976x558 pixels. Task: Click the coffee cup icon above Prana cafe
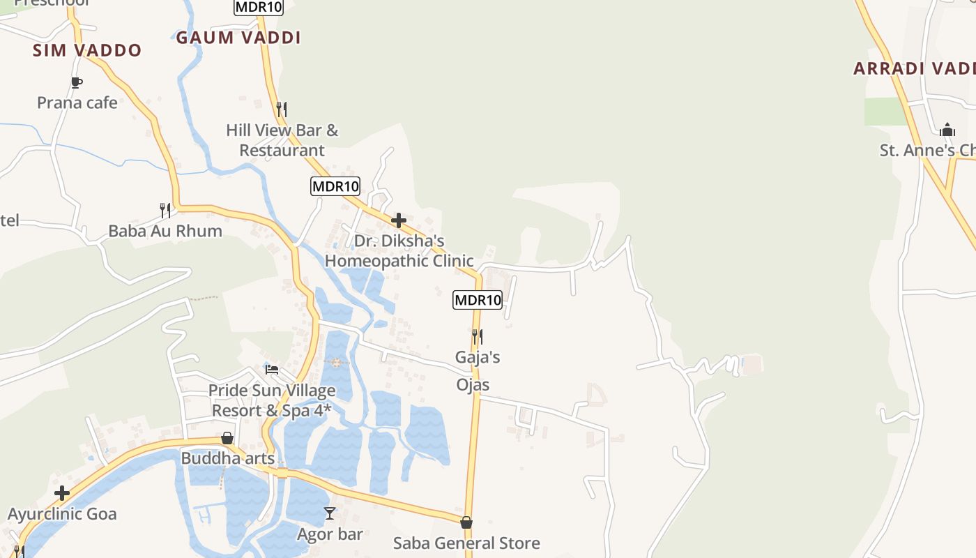(77, 82)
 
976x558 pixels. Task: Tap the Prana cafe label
(77, 103)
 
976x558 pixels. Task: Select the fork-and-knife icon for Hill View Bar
(281, 109)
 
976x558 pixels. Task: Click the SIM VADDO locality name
(87, 50)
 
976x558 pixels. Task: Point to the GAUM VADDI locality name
(238, 38)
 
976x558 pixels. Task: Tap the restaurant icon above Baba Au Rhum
(165, 209)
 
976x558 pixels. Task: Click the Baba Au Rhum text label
(165, 231)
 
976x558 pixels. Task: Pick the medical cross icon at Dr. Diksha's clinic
(399, 220)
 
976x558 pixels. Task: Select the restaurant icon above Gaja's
(478, 336)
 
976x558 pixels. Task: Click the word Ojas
(473, 385)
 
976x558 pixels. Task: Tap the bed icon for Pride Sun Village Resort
(272, 368)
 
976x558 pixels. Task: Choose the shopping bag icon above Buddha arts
(227, 438)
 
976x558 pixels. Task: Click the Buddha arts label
(228, 458)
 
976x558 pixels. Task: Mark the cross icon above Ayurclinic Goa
(62, 493)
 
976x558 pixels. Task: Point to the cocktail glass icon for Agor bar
(330, 513)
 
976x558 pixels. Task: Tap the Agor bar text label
(330, 534)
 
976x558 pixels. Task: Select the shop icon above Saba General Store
(466, 522)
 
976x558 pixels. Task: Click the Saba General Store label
(466, 543)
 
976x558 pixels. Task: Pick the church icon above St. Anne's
(947, 130)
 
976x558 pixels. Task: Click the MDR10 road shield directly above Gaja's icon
(478, 300)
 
